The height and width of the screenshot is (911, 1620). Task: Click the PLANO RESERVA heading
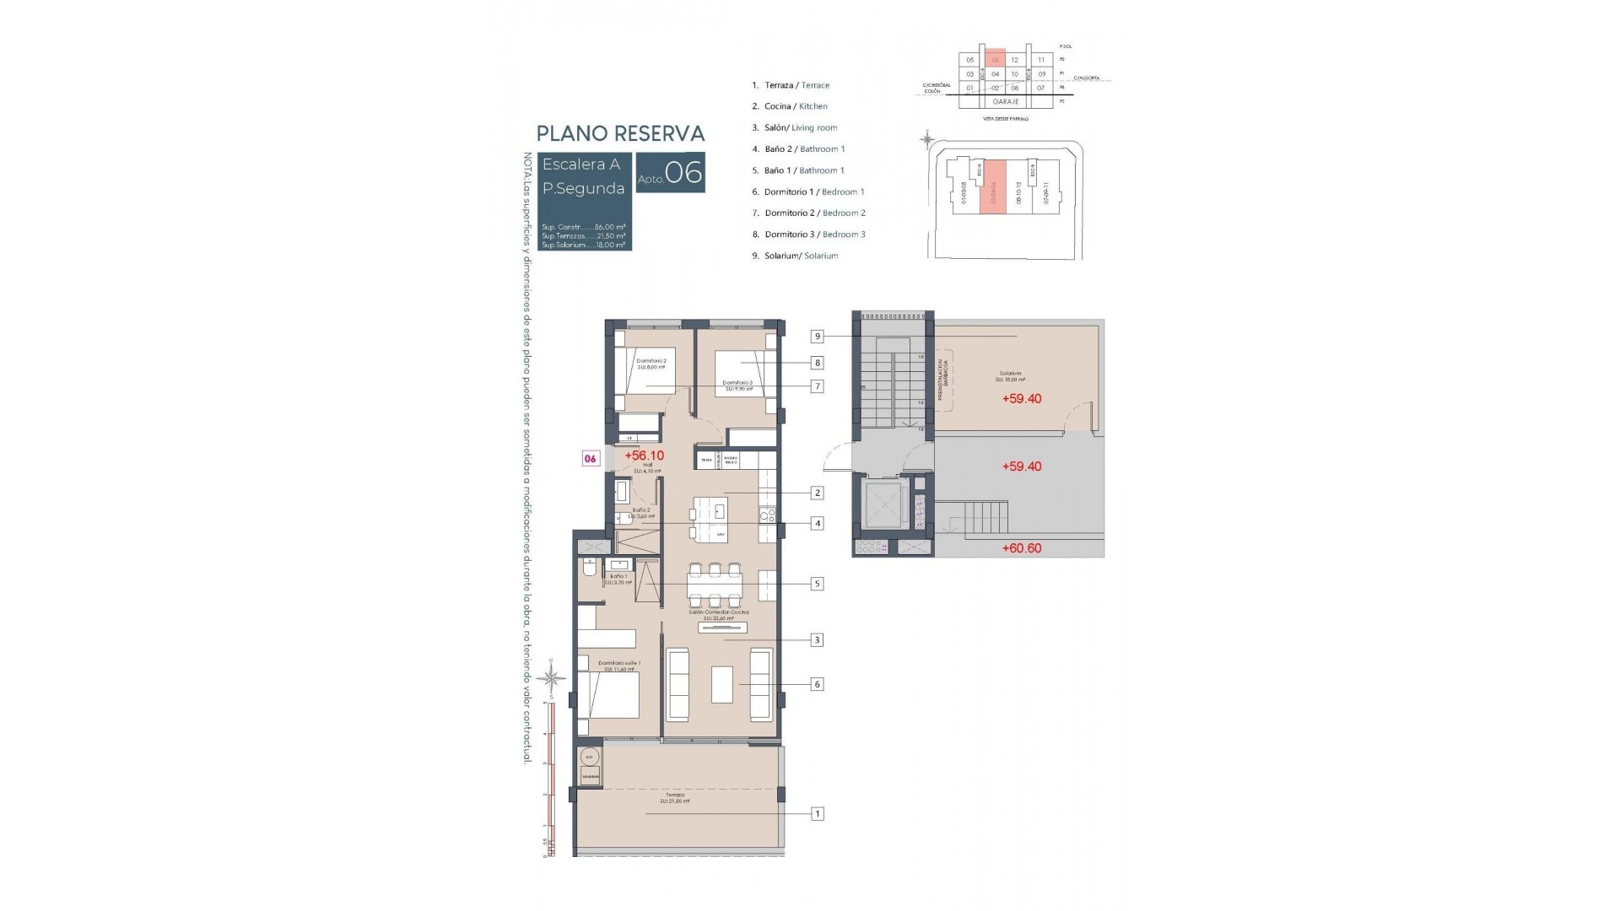coord(620,133)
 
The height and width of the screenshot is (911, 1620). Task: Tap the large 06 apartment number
coord(683,173)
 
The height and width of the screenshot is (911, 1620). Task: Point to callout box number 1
coord(817,814)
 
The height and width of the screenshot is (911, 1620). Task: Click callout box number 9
coord(817,337)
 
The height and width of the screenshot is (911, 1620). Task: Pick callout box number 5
coord(817,584)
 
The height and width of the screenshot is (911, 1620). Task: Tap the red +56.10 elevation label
coord(644,455)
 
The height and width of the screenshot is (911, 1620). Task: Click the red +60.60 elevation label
coord(1021,548)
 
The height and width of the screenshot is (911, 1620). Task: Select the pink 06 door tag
coord(591,459)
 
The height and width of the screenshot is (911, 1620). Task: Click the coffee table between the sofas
coord(721,684)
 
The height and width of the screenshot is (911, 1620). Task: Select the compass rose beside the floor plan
coord(552,676)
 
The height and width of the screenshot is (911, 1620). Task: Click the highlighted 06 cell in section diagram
coord(995,60)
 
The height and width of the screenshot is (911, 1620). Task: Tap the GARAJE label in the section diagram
coord(1005,101)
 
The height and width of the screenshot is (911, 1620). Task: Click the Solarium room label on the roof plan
coord(1010,375)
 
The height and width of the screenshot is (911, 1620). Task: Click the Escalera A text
coord(581,164)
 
